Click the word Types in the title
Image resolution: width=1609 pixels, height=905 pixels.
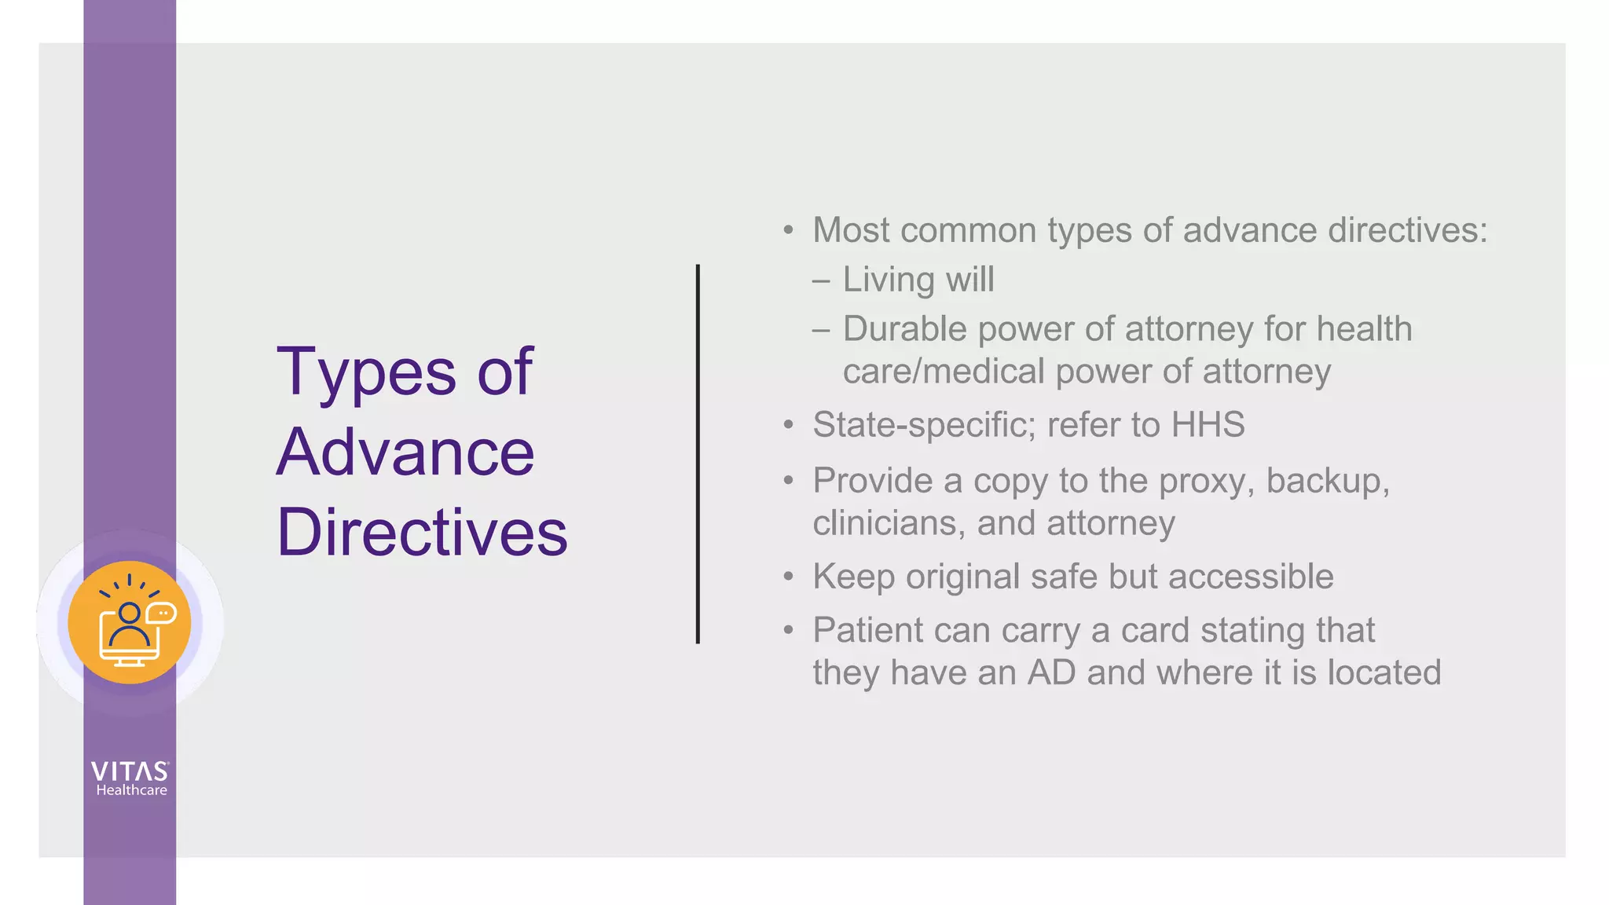coord(365,372)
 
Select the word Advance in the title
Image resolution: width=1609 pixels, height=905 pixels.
coord(405,452)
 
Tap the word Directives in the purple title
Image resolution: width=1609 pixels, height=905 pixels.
coord(422,533)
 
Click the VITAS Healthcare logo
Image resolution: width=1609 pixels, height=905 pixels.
coord(130,779)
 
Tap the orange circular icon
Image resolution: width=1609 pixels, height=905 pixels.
coord(130,622)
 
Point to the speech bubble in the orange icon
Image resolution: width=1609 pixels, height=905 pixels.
coord(161,613)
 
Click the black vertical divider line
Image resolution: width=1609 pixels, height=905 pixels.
coord(698,454)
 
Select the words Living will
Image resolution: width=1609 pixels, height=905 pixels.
coord(918,280)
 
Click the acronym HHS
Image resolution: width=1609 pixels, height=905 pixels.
coord(1208,425)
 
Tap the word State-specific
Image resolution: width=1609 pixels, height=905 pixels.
coord(924,425)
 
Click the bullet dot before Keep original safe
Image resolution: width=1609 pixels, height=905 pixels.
coord(789,577)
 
